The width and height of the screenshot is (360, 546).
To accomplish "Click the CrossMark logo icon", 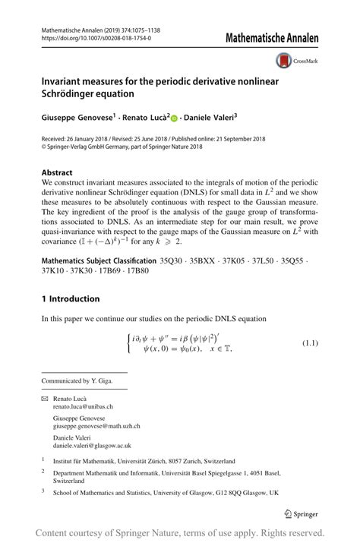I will pyautogui.click(x=285, y=60).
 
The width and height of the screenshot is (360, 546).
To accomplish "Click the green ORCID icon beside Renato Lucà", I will pyautogui.click(x=174, y=118).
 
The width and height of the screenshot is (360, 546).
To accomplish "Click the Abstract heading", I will pyautogui.click(x=58, y=172).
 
